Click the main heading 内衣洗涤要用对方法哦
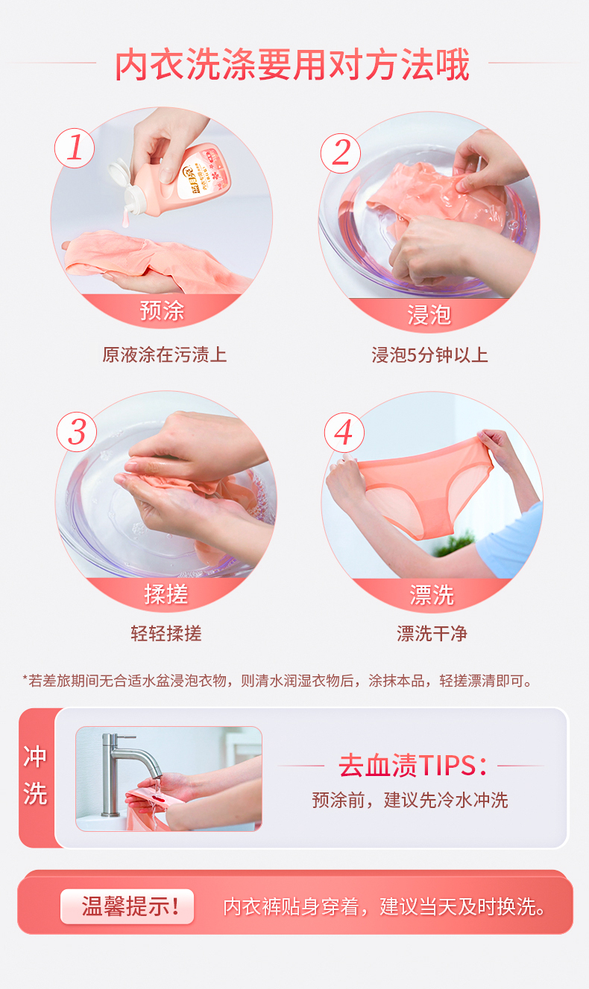[292, 65]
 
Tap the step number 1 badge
[75, 148]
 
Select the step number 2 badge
[341, 153]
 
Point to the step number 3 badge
[77, 432]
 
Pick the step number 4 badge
[344, 433]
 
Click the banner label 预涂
[163, 311]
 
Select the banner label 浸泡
[429, 315]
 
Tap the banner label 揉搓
[166, 594]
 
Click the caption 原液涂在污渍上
[164, 354]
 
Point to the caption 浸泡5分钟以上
[429, 355]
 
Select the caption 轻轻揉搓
[166, 634]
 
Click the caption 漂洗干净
[432, 634]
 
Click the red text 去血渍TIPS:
[413, 766]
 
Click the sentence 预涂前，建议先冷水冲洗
[410, 800]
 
